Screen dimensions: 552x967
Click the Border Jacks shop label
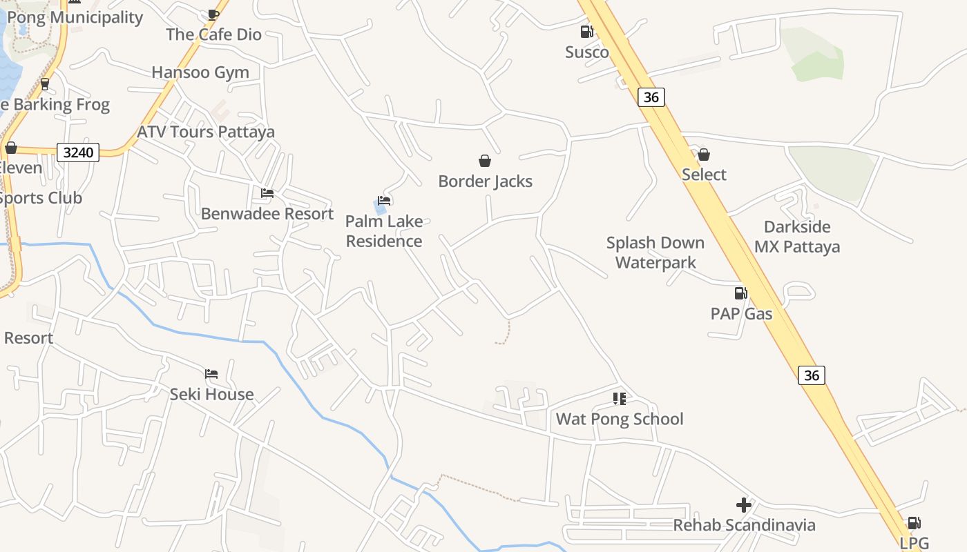pyautogui.click(x=486, y=181)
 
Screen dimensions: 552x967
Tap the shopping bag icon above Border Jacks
pyautogui.click(x=485, y=161)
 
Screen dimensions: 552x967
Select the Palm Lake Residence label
pyautogui.click(x=384, y=231)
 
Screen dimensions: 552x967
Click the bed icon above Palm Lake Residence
pyautogui.click(x=385, y=201)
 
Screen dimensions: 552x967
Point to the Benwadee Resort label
pyautogui.click(x=267, y=214)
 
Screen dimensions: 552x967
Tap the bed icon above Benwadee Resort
pyautogui.click(x=267, y=193)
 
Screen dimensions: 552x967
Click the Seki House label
pyautogui.click(x=211, y=394)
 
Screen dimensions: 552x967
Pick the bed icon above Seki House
pyautogui.click(x=211, y=374)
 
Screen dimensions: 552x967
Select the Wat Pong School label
pyautogui.click(x=620, y=419)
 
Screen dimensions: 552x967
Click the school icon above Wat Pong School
pyautogui.click(x=620, y=399)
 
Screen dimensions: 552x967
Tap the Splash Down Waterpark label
pyautogui.click(x=655, y=253)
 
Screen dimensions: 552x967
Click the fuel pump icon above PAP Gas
pyautogui.click(x=740, y=293)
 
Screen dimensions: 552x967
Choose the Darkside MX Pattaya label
pyautogui.click(x=797, y=237)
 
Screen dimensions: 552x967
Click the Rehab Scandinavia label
pyautogui.click(x=744, y=525)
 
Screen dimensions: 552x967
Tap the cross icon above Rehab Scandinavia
pyautogui.click(x=744, y=505)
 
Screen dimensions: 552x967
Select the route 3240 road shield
pyautogui.click(x=78, y=152)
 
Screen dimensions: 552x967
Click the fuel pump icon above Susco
pyautogui.click(x=586, y=31)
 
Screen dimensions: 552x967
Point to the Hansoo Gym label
pyautogui.click(x=200, y=72)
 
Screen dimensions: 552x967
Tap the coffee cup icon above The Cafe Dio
pyautogui.click(x=213, y=14)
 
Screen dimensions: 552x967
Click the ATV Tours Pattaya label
pyautogui.click(x=206, y=132)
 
